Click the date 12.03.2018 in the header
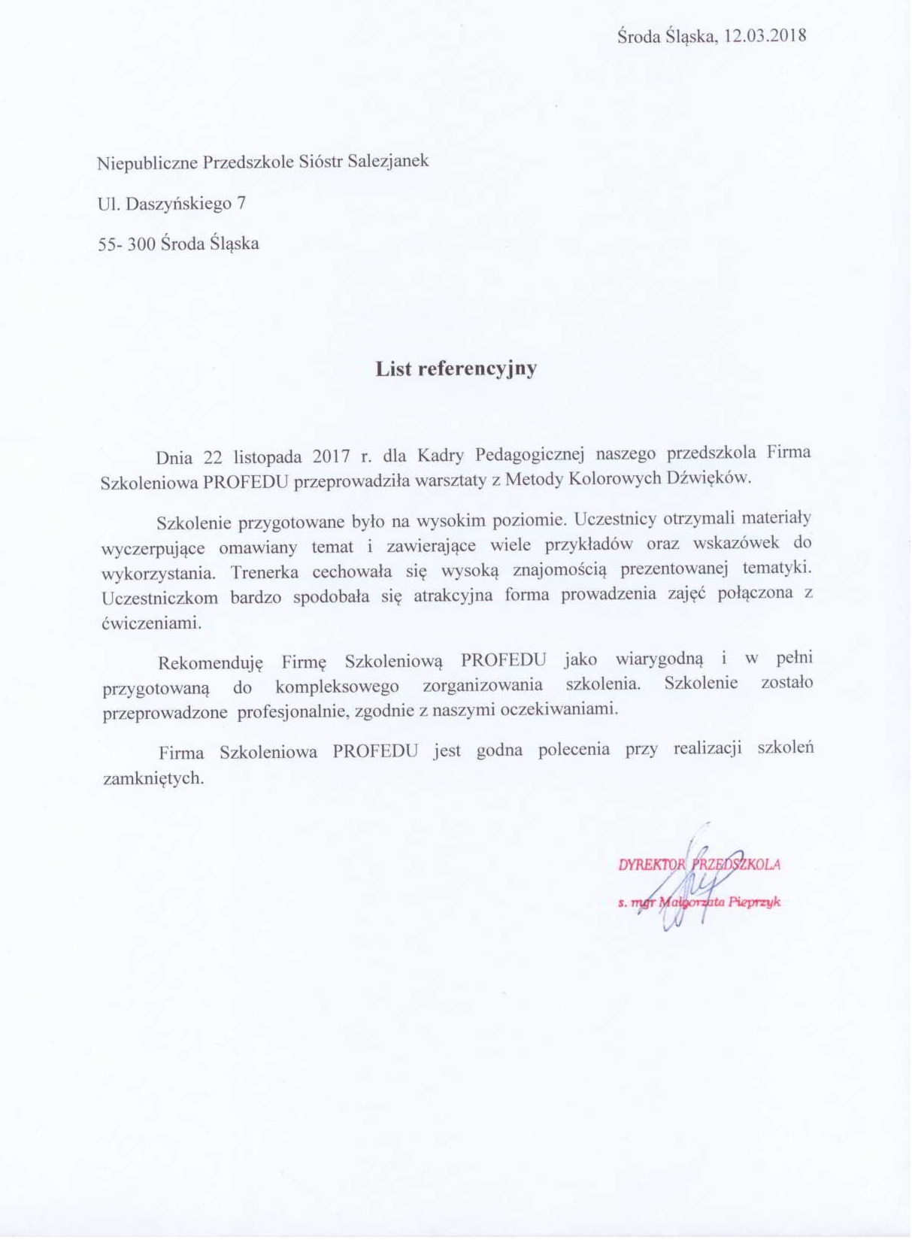click(765, 35)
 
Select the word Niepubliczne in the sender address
click(147, 162)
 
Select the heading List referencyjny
click(456, 368)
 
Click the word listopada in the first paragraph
click(266, 456)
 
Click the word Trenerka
click(263, 571)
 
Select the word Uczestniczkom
click(159, 597)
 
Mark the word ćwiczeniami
click(151, 623)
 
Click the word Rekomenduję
click(211, 662)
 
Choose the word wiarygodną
click(659, 659)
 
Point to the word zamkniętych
click(153, 778)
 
